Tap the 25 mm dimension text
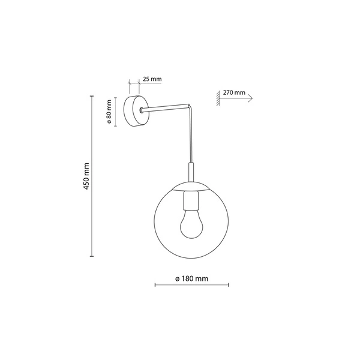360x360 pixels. click(152, 79)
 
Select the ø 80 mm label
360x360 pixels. click(111, 111)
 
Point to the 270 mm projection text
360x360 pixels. click(233, 93)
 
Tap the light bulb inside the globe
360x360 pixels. click(191, 225)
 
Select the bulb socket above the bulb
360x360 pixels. click(191, 199)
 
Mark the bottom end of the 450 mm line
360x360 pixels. click(92, 256)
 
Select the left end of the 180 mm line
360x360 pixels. click(155, 285)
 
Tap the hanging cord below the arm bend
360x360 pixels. click(191, 135)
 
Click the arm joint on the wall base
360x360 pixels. click(140, 110)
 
